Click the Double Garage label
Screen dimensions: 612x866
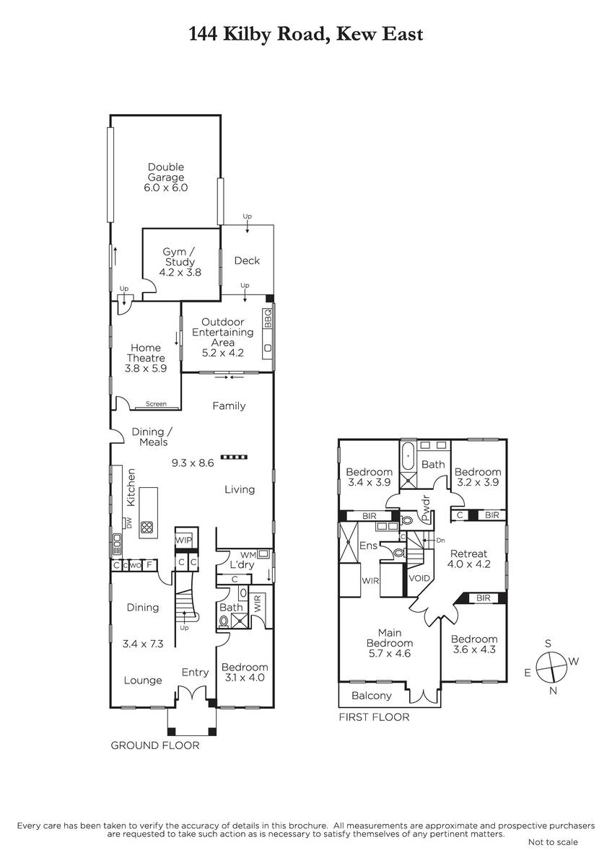(x=166, y=172)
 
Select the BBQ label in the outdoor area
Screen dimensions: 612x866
(x=268, y=318)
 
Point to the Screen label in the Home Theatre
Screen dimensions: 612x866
(x=156, y=403)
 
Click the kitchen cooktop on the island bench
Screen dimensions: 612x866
(x=147, y=527)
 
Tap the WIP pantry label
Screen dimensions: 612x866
(x=183, y=540)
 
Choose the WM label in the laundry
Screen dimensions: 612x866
(x=248, y=555)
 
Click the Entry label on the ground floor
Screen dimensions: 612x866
(x=196, y=673)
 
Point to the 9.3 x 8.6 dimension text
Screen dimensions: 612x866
(x=193, y=463)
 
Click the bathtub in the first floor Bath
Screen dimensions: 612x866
(x=408, y=456)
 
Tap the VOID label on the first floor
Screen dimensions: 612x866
(x=419, y=578)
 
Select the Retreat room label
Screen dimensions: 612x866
(x=468, y=554)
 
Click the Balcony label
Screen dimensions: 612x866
(x=372, y=696)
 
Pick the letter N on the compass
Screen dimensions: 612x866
(x=554, y=691)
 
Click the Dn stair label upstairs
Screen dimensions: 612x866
(x=441, y=541)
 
